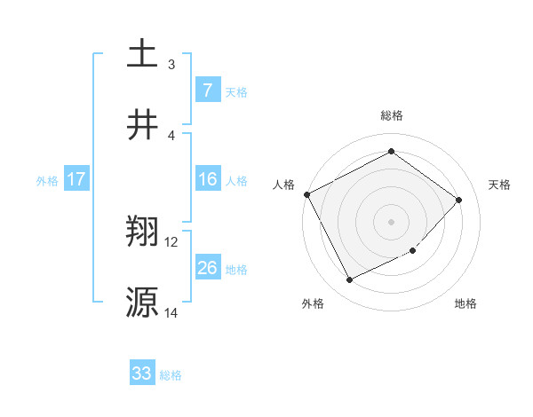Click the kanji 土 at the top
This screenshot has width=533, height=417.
coord(142,53)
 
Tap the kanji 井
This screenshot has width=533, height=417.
coord(142,124)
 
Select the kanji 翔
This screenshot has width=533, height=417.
coord(142,232)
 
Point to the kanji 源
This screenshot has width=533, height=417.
coord(142,303)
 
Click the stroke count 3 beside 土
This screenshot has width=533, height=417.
coord(171,64)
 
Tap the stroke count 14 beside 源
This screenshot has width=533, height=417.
coord(171,312)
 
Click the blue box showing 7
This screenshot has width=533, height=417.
coord(207,90)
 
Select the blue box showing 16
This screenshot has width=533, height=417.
coord(207,179)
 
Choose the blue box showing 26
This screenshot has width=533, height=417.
coord(207,268)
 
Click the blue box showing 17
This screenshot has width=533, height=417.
coord(76,179)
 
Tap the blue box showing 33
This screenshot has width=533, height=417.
coord(142,374)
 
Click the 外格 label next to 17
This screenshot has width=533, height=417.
coord(47,180)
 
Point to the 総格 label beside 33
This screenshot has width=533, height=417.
coord(171,375)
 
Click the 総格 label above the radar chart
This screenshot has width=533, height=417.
coord(392,116)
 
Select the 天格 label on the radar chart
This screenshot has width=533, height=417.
coord(500,185)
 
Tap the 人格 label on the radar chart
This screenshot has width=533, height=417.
coord(284,185)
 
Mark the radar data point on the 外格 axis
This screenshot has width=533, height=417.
coord(350,280)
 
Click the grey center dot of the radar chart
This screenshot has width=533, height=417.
coord(392,221)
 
